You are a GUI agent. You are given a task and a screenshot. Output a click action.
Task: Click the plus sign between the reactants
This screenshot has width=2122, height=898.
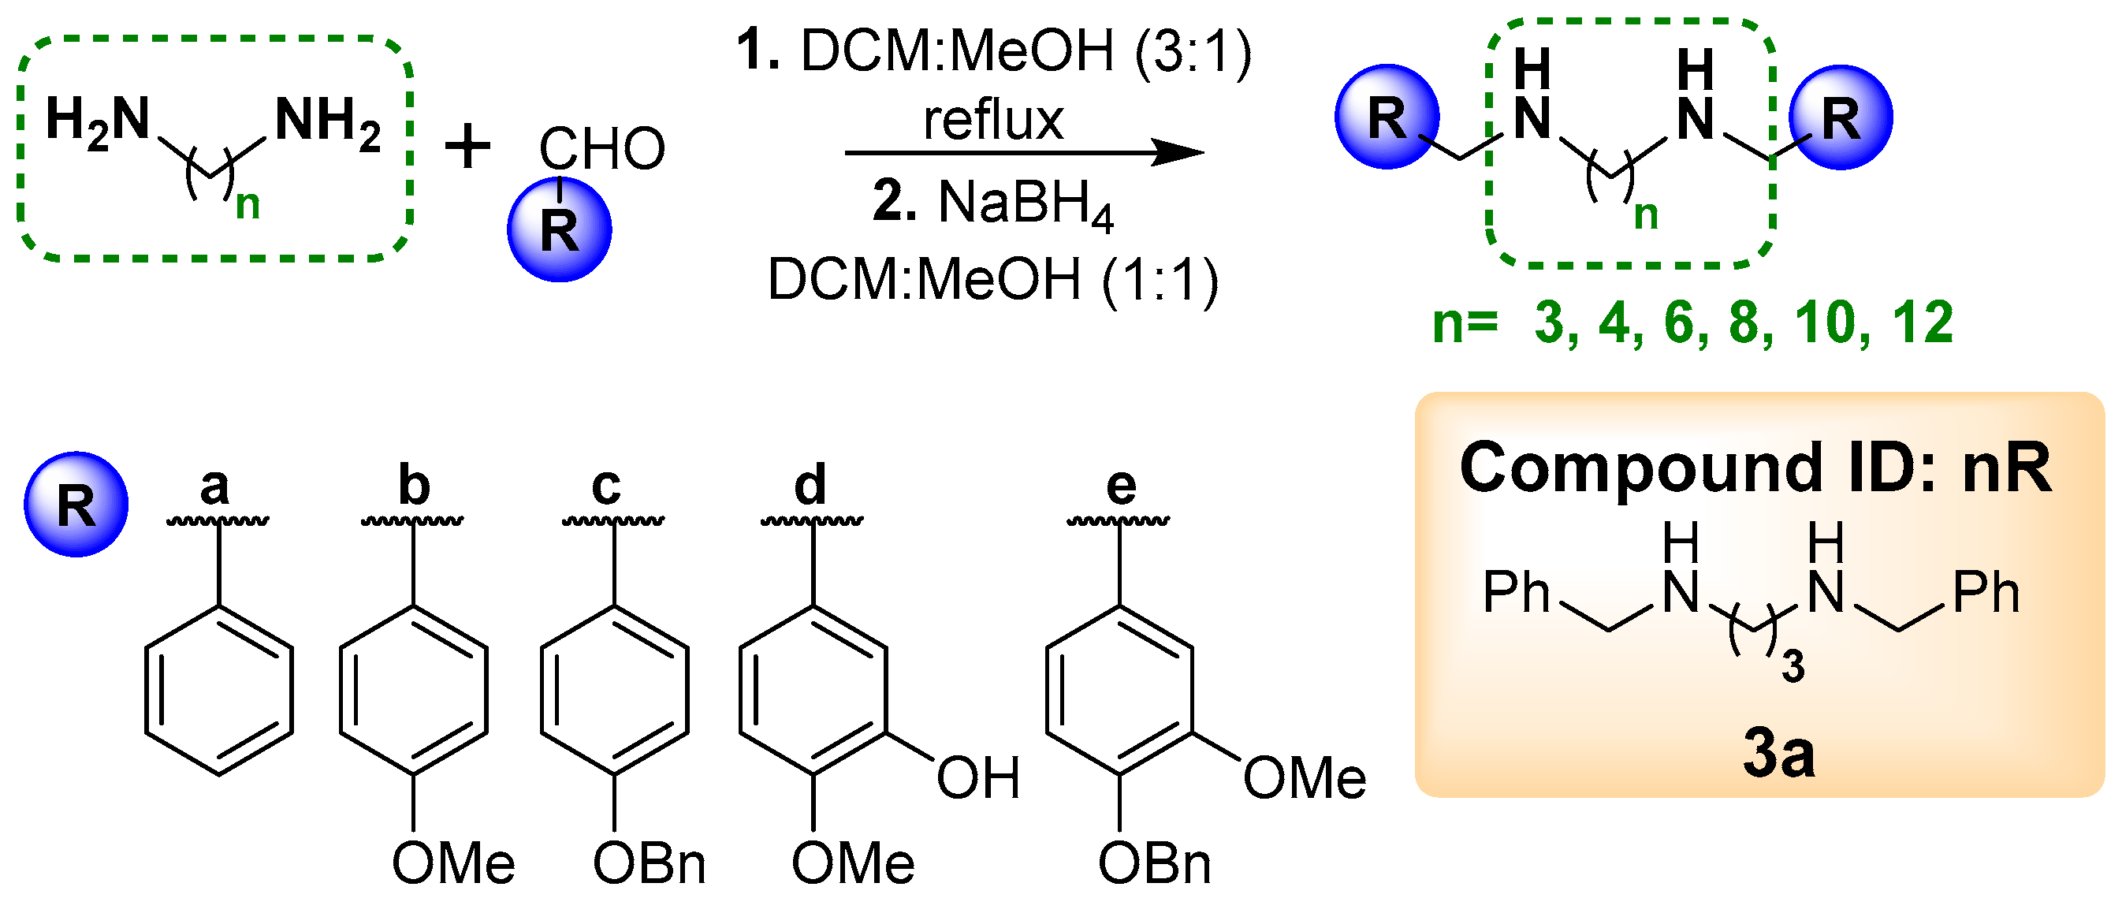[x=468, y=148]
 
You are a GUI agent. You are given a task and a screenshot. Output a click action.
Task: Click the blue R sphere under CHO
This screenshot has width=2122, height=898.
[x=560, y=230]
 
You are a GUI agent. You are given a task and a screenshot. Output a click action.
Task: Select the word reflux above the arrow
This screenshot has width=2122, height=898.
[x=992, y=121]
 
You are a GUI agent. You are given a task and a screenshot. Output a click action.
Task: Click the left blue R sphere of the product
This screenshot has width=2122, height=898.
[x=1387, y=117]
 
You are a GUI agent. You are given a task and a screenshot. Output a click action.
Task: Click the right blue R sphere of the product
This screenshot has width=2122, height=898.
[x=1841, y=117]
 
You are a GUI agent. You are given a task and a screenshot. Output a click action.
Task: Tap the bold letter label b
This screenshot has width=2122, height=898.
[x=414, y=486]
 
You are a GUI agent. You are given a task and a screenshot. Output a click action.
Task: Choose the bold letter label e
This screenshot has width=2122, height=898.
[x=1120, y=486]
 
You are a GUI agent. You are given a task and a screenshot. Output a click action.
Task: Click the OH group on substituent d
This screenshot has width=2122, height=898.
[x=977, y=777]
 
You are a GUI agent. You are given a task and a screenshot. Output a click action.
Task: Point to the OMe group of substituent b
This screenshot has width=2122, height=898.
[x=453, y=864]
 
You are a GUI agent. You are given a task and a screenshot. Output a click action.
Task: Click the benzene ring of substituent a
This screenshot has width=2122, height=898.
[x=219, y=691]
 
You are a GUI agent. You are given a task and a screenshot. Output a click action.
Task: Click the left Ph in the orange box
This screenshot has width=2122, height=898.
[x=1516, y=593]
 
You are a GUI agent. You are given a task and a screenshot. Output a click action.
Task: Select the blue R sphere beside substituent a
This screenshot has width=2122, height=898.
[x=76, y=505]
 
